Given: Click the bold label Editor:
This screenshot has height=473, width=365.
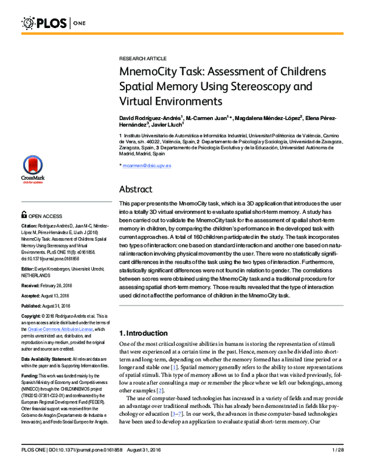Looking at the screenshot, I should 29,268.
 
